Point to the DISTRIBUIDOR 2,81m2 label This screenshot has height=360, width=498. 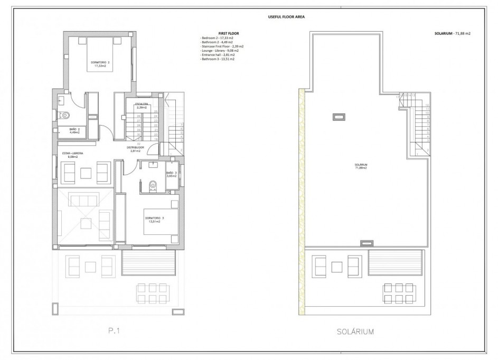tap(135, 149)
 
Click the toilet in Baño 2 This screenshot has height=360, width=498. tap(65, 115)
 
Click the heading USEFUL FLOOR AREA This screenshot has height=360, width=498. tap(287, 17)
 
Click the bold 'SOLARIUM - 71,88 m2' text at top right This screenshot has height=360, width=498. tap(449, 34)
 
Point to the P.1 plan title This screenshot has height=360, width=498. tap(115, 331)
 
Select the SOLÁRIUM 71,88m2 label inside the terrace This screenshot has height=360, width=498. tap(361, 166)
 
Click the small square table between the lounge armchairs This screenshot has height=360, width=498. tap(86, 172)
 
